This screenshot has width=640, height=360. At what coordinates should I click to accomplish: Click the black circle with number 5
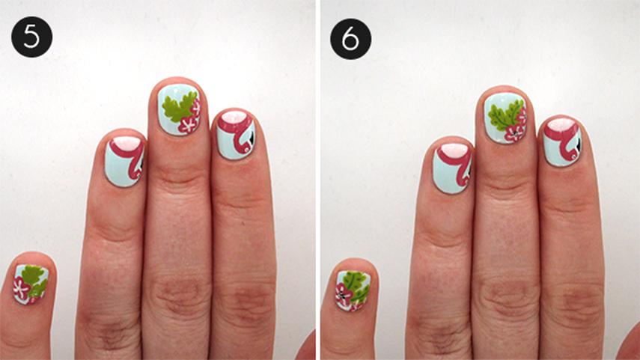click(x=32, y=37)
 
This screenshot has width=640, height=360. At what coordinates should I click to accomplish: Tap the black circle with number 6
click(x=350, y=39)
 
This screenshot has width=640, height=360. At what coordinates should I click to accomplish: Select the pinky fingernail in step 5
click(x=31, y=284)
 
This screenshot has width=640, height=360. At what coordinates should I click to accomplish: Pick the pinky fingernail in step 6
click(x=353, y=290)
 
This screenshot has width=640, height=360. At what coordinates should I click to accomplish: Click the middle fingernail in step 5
click(x=179, y=109)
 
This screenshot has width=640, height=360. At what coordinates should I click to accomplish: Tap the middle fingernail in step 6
click(x=505, y=118)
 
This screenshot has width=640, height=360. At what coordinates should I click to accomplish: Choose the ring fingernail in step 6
click(x=452, y=168)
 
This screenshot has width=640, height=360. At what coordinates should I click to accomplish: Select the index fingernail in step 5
click(x=236, y=135)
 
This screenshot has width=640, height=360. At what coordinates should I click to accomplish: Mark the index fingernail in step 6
click(x=562, y=142)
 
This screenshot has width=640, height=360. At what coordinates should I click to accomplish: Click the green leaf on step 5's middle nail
click(x=178, y=106)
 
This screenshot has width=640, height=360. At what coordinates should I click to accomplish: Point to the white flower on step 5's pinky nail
click(x=20, y=288)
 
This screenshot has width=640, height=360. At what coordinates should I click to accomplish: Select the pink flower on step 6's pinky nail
click(x=344, y=295)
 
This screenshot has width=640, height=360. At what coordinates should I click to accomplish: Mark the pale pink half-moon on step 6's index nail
click(x=562, y=124)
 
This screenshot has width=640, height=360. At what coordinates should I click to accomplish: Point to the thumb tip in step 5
click(x=307, y=346)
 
